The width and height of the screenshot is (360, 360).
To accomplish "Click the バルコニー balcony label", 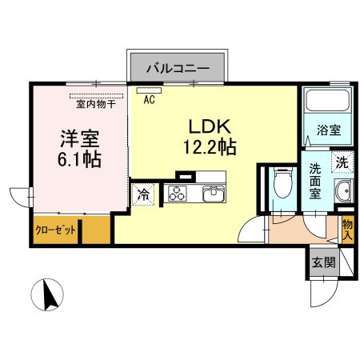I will [x=178, y=67].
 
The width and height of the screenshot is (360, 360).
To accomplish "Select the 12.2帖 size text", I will [x=209, y=147].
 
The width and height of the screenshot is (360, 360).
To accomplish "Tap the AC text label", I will [x=149, y=101].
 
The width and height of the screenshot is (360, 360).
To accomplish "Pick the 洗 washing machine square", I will [x=342, y=162].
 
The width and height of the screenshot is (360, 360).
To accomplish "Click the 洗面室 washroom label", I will [x=317, y=182].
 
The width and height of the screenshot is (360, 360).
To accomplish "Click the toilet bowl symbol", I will [x=281, y=185].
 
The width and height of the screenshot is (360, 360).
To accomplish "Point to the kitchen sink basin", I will [x=214, y=194].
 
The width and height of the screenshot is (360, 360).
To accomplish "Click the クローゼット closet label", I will [x=55, y=230].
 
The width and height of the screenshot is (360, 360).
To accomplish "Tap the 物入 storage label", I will [x=346, y=231].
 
